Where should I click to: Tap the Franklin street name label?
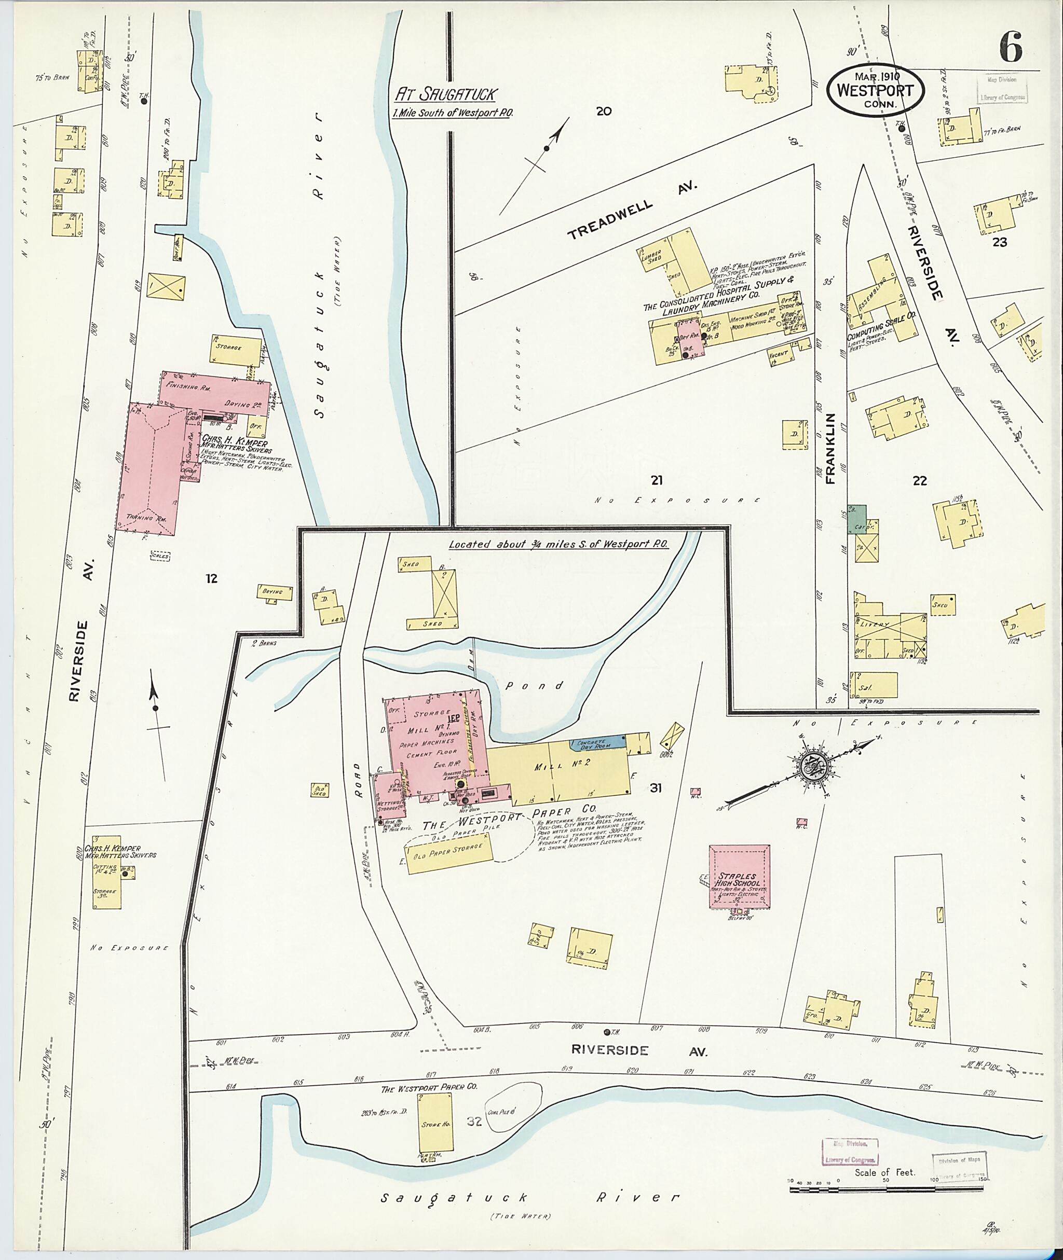pos(832,449)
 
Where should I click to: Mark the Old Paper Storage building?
pos(449,849)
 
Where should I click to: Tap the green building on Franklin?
pos(857,519)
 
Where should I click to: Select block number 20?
pos(603,111)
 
